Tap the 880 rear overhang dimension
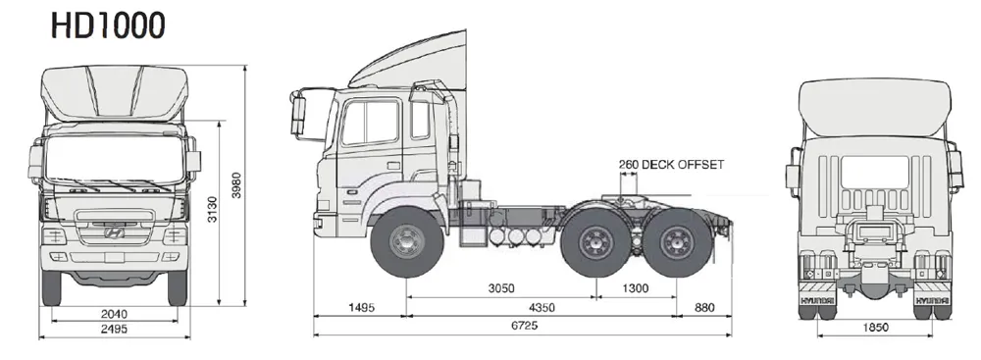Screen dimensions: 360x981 pos(705,308)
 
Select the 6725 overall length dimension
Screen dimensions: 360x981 pos(522,324)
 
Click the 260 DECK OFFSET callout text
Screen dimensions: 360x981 pos(671,165)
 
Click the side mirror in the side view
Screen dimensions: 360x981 pos(298,114)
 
